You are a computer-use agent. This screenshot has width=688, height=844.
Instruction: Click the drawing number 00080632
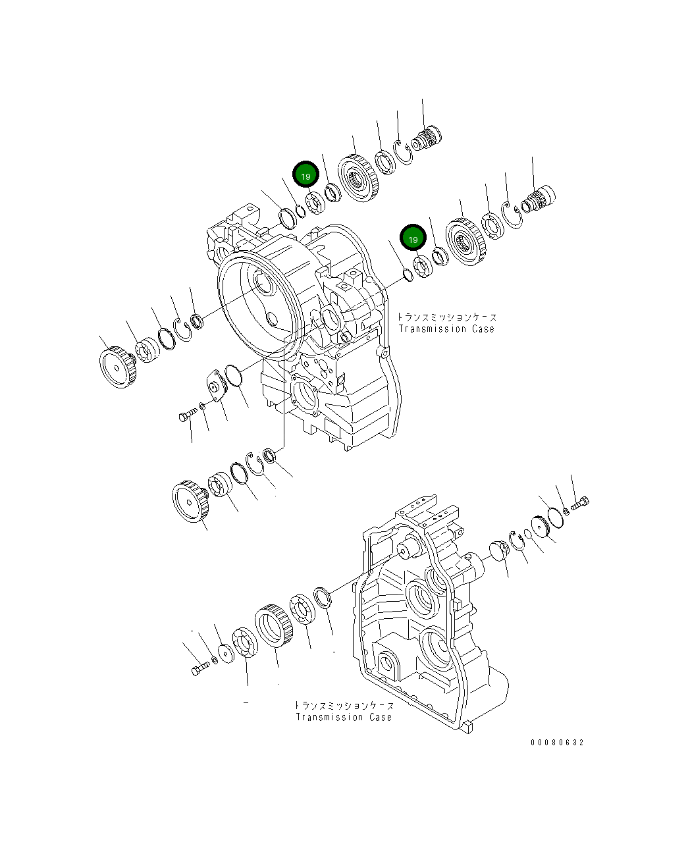[557, 743]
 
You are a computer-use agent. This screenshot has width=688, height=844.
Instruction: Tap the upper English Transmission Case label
[446, 329]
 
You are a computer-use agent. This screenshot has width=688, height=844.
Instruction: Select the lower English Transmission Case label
[343, 717]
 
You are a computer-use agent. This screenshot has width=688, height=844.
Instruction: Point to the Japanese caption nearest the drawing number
[343, 705]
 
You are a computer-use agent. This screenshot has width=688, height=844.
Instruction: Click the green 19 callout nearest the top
[305, 176]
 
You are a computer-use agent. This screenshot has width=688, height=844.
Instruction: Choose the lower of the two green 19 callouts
[413, 239]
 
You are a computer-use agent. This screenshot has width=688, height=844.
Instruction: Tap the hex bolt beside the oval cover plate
[187, 414]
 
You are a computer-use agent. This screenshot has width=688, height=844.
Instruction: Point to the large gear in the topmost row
[359, 177]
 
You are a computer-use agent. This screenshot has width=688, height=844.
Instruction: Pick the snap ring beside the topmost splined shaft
[402, 151]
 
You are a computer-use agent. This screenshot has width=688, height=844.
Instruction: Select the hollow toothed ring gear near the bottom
[272, 628]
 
